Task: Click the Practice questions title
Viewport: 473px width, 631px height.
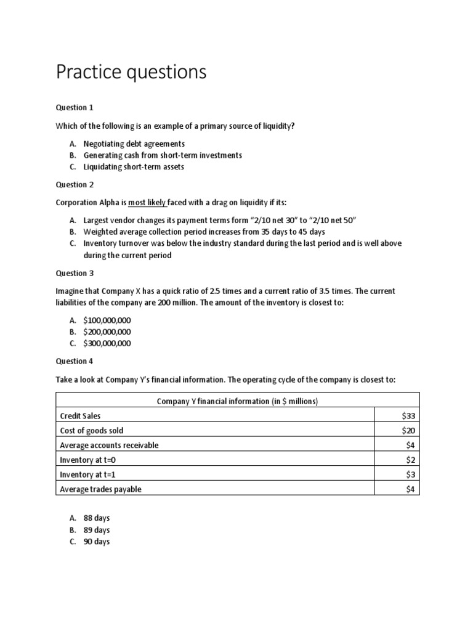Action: pos(131,73)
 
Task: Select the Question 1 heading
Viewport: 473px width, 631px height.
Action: pos(75,107)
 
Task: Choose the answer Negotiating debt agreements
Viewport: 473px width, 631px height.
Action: pos(133,144)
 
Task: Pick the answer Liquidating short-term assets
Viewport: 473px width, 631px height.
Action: pos(134,166)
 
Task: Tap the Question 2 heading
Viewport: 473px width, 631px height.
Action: pos(75,184)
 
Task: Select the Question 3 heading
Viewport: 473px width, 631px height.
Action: pos(75,273)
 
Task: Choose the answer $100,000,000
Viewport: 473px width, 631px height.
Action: pos(107,320)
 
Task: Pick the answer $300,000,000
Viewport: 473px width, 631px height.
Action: pos(107,343)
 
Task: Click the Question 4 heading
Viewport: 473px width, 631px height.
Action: pos(75,362)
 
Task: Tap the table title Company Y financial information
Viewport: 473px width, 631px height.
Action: pos(237,401)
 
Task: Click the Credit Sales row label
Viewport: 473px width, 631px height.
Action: pos(80,416)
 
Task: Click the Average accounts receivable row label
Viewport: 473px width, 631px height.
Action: pos(109,445)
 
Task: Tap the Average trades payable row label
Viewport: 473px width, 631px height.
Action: pos(101,489)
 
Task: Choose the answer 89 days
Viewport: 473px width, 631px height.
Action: pos(97,530)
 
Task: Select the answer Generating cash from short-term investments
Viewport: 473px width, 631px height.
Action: pos(163,155)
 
